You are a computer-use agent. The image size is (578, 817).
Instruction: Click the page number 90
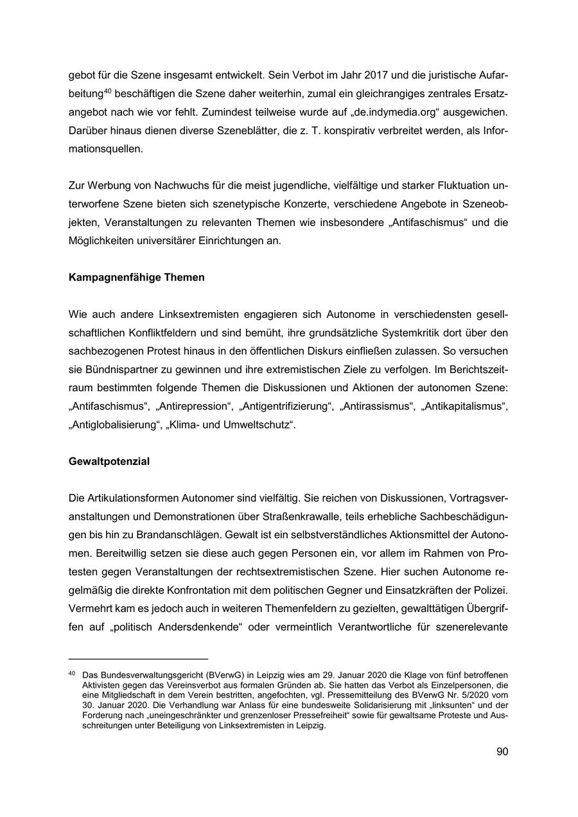(x=502, y=751)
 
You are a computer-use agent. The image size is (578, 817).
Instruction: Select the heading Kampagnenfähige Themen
(x=136, y=277)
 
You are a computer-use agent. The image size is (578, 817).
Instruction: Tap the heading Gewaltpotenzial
(x=109, y=461)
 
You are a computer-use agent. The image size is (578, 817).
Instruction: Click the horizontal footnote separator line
(x=138, y=658)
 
